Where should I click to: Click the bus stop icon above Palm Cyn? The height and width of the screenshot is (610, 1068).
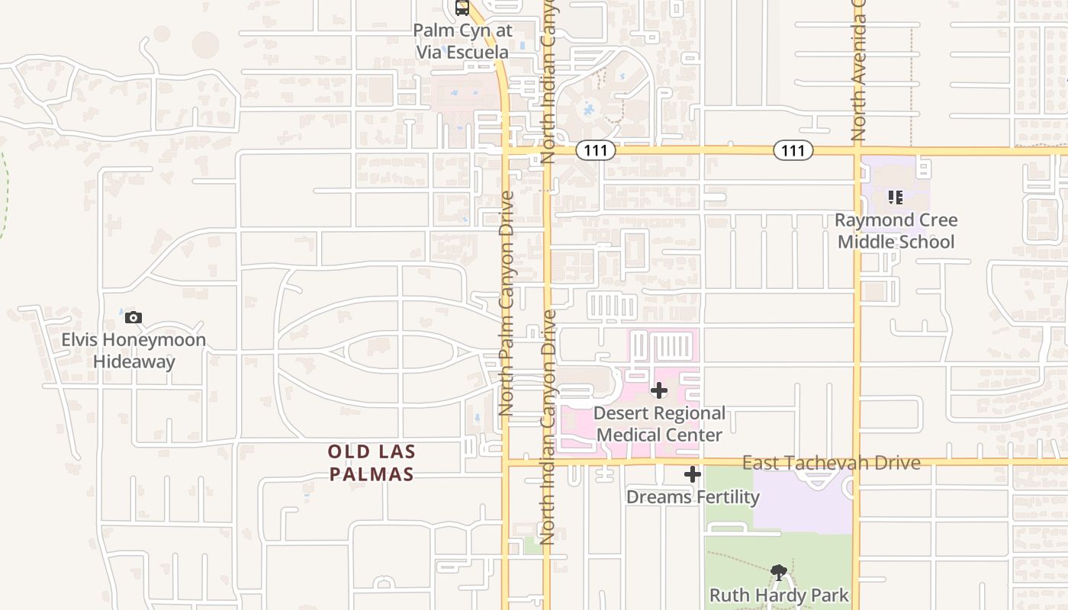(x=462, y=8)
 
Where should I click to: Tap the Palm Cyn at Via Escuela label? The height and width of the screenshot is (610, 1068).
(x=462, y=42)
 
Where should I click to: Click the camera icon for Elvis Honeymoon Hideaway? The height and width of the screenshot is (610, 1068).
(x=133, y=318)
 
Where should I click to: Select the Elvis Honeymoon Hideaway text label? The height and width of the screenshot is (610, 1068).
(x=133, y=351)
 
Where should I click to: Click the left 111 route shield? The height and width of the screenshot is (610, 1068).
(x=595, y=151)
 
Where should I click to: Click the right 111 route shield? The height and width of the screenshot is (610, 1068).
(x=793, y=151)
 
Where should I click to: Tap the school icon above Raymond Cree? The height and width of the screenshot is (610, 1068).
(x=896, y=197)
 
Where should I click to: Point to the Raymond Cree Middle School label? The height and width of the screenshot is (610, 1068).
(x=896, y=231)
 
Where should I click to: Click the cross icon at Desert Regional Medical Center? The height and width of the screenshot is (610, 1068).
(x=659, y=391)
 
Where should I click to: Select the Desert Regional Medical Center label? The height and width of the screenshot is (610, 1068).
(x=660, y=425)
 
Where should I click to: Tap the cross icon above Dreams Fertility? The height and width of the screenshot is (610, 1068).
(x=693, y=474)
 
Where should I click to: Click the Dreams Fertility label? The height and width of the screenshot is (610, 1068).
(x=693, y=497)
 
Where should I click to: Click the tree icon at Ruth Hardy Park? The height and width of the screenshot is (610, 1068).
(x=779, y=572)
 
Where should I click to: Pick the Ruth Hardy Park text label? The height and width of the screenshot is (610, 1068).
(x=779, y=595)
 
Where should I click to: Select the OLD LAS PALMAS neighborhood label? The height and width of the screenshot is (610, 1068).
(x=372, y=463)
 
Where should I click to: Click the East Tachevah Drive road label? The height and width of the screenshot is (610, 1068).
(x=831, y=463)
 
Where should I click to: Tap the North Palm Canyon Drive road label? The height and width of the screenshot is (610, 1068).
(x=506, y=303)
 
